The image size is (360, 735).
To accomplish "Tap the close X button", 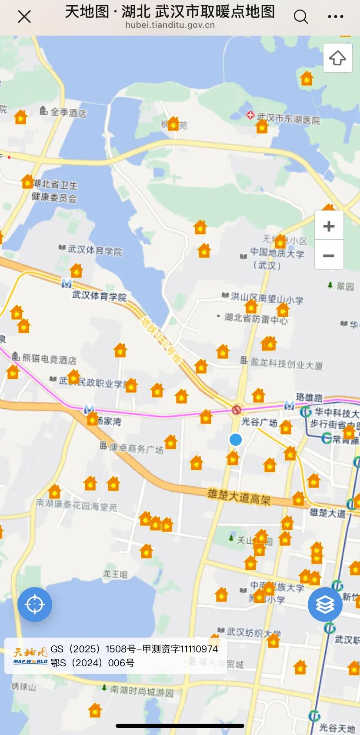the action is [24, 17].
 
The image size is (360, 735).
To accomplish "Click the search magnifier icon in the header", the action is [300, 17].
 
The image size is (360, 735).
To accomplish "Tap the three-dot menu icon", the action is [335, 17].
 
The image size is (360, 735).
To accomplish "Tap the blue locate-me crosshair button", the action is [35, 604].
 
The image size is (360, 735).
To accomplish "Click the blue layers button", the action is [325, 604].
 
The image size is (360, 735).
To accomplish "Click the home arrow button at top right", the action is [337, 58].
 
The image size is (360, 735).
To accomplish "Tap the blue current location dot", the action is [236, 440].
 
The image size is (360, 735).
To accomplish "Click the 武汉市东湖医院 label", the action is [288, 118].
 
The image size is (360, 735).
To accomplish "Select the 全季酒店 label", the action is [68, 113].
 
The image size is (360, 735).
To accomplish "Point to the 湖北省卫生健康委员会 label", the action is [55, 191].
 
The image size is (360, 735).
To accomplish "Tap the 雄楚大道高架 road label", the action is [239, 496].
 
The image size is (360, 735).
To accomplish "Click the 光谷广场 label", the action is [259, 422].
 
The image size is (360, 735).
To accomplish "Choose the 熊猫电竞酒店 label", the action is [49, 359].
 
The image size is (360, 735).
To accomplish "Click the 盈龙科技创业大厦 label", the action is [286, 364].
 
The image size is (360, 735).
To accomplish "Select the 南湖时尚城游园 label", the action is [141, 690].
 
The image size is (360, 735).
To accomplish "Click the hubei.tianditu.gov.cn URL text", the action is [170, 25].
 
